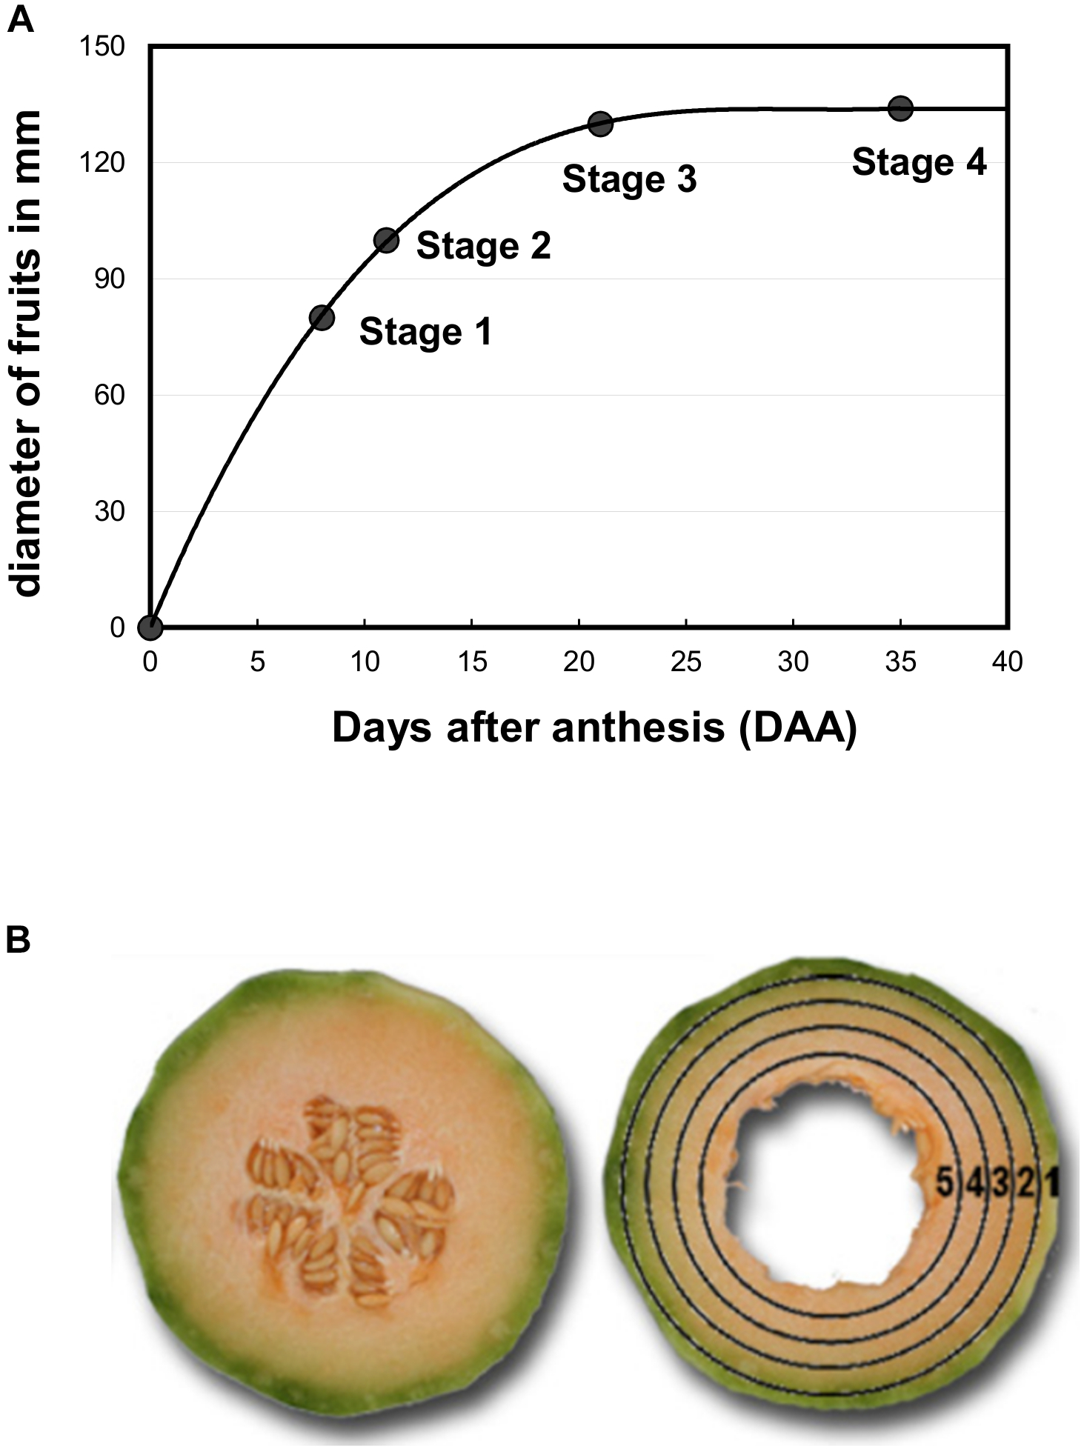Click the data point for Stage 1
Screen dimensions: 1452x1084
[x=322, y=318]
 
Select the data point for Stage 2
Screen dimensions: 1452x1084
[x=386, y=240]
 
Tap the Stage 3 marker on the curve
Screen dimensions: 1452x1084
[x=600, y=124]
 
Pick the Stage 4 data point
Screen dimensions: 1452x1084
[x=900, y=108]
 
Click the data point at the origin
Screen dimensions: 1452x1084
[x=150, y=627]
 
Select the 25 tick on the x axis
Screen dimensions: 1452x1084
[x=686, y=662]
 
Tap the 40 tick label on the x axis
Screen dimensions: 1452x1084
[x=1007, y=662]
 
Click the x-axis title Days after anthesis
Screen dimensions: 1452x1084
[x=594, y=728]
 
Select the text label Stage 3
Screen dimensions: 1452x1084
[x=629, y=179]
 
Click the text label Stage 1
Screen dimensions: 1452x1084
[x=425, y=332]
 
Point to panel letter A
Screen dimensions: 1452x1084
[x=20, y=20]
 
